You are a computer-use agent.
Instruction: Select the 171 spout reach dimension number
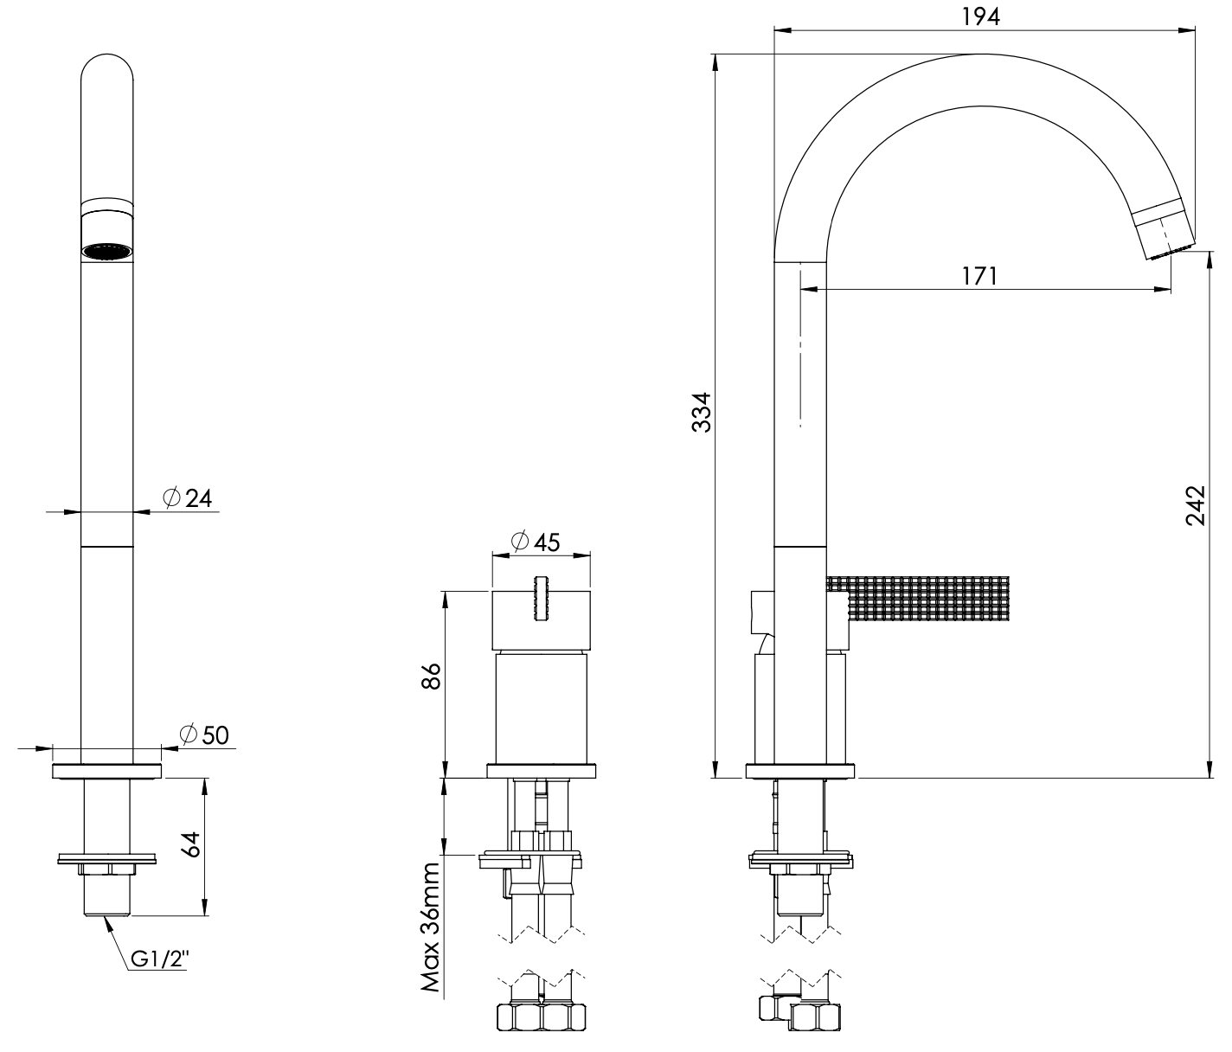pos(980,276)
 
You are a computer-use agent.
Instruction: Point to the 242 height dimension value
pos(1195,505)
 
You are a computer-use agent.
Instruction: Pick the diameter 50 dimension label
pos(203,734)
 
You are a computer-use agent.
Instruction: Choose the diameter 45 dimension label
pos(536,542)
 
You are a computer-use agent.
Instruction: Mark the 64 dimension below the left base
pos(191,844)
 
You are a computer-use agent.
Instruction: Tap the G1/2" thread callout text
pos(160,959)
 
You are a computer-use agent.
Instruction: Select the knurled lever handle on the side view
pos(926,598)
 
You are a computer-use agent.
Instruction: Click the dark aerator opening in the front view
pos(107,252)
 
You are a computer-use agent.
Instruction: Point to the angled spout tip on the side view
pos(1165,228)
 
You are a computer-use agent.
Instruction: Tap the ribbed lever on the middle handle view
pos(542,598)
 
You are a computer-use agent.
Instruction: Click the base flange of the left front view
pos(107,772)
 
